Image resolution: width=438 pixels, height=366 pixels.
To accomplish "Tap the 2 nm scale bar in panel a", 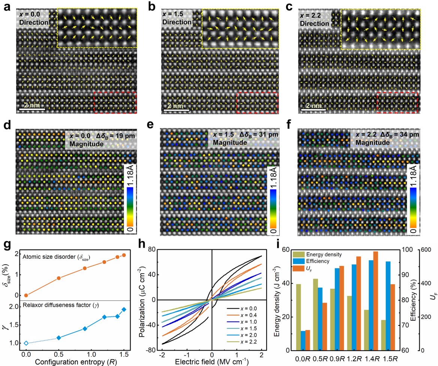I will pyautogui.click(x=32, y=109).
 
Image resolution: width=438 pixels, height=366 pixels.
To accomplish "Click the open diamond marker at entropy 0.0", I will pyautogui.click(x=26, y=343).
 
